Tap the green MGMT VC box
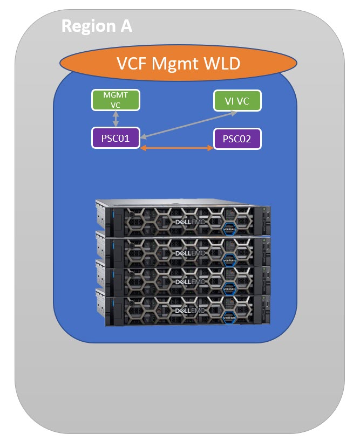click(116, 100)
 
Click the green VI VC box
click(236, 100)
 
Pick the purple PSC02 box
click(237, 139)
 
